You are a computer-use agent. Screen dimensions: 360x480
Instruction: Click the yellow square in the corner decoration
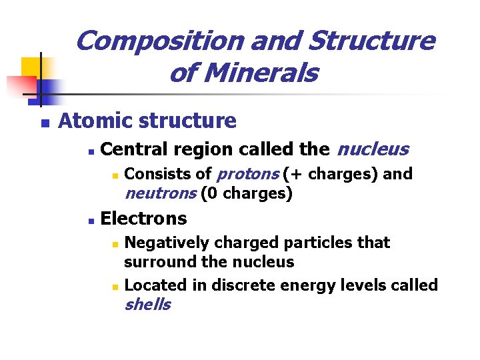coord(31,67)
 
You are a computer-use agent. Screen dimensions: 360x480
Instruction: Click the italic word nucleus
coord(373,149)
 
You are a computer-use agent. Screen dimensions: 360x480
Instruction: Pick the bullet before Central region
coord(90,151)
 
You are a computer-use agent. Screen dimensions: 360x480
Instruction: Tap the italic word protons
coord(248,174)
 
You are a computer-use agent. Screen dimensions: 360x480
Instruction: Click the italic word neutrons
coord(161,193)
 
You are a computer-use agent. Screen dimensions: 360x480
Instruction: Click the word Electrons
coord(143,218)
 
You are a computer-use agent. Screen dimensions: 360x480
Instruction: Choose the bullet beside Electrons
coord(90,220)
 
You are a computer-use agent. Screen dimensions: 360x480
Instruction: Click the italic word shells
coord(147,305)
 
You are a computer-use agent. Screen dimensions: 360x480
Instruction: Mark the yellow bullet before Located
coord(115,287)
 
